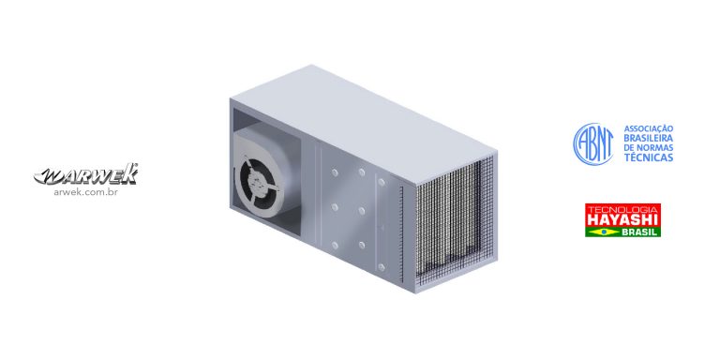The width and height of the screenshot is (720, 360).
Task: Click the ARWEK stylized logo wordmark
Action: pos(86,174)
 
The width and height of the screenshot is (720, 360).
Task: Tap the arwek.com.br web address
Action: pos(86,192)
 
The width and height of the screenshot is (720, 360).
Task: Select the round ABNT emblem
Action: pos(592,143)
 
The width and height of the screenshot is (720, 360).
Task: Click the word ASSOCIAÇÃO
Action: pos(649,128)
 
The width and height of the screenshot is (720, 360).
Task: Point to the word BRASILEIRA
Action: pos(649,138)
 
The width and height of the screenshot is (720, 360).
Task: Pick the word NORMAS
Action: pos(655,148)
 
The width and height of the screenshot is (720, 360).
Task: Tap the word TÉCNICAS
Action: pos(649,157)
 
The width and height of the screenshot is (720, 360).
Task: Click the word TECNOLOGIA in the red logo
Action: pos(622,209)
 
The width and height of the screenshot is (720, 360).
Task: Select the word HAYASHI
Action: pos(622,220)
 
